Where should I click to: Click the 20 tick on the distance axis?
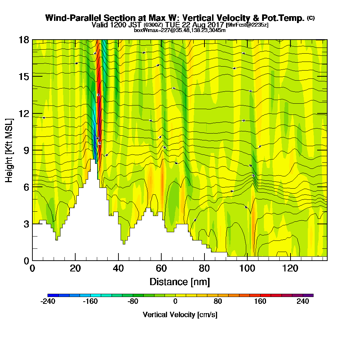pos(75,269)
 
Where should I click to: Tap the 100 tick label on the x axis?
pos(247,269)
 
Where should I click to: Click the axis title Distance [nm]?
pos(180,282)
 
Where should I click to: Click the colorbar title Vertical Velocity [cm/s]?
pos(180,315)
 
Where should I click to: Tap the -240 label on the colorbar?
pos(48,302)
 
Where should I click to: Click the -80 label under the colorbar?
pos(133,302)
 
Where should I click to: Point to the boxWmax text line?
pos(180,30)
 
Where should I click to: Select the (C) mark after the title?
pos(311,18)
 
